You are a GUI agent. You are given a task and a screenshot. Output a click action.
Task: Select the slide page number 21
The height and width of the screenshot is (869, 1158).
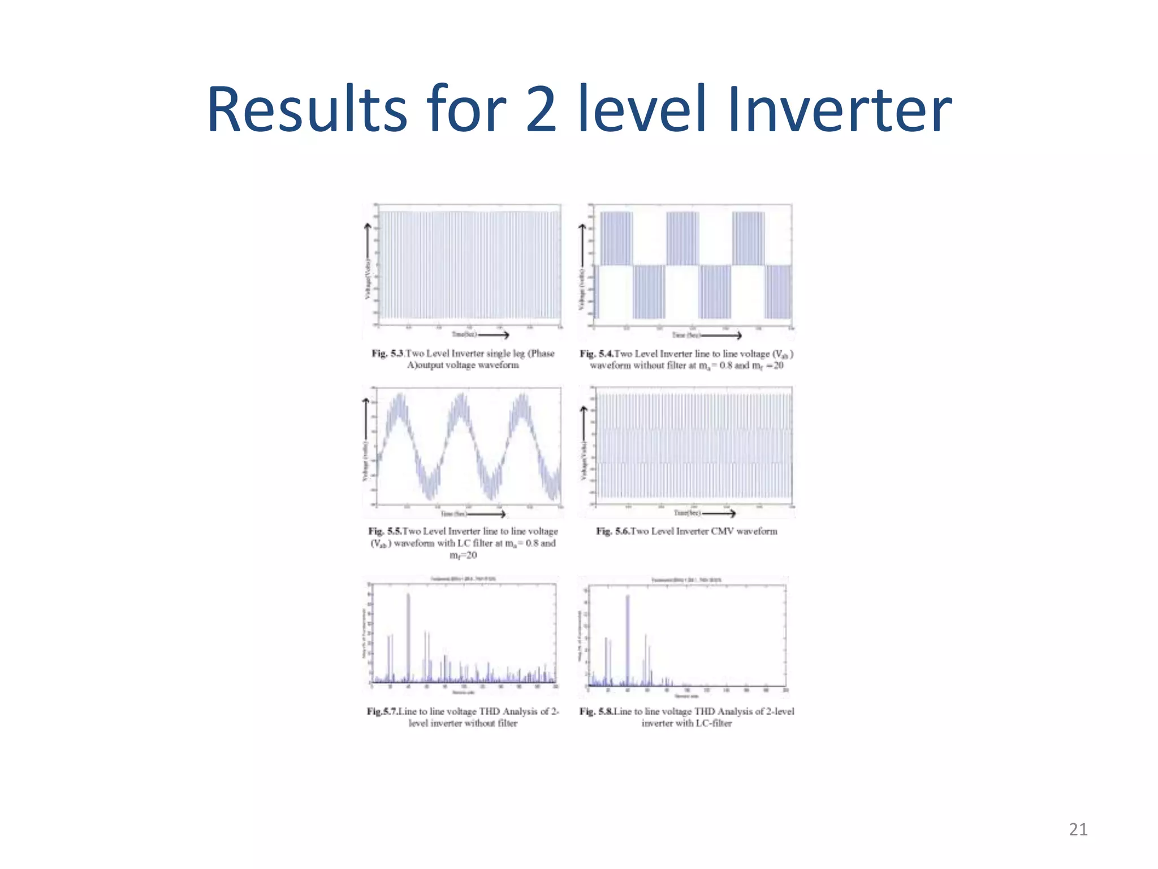[1078, 829]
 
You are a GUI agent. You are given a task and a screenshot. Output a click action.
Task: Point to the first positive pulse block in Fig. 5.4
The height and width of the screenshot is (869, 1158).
[616, 238]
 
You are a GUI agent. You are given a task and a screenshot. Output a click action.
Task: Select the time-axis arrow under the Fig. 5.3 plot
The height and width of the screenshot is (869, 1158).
[494, 334]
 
